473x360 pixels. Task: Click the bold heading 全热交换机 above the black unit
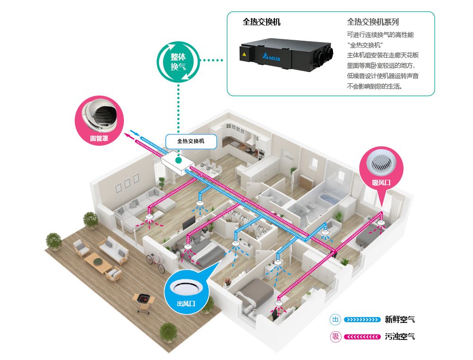[262, 22]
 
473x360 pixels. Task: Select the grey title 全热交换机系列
[373, 22]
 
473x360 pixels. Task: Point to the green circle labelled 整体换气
[178, 61]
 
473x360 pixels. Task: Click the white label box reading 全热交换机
[191, 141]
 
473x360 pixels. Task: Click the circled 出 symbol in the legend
[336, 320]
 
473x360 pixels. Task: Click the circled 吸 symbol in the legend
[336, 337]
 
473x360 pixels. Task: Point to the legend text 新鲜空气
[400, 320]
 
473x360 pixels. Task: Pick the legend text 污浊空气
[400, 337]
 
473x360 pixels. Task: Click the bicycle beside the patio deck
[153, 259]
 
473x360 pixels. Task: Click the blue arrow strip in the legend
[362, 320]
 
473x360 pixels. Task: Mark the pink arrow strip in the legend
[362, 337]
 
